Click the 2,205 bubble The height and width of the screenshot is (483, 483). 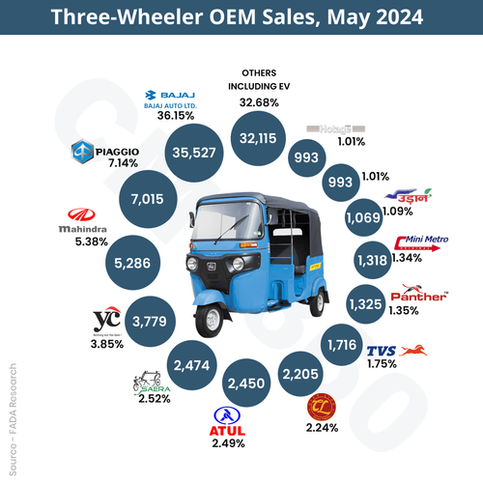coord(300,366)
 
